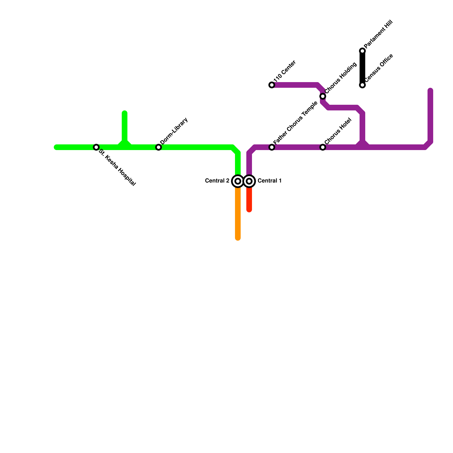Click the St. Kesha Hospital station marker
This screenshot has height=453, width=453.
click(96, 147)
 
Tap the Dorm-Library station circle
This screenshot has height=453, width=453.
click(159, 147)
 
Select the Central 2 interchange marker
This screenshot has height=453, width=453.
click(238, 181)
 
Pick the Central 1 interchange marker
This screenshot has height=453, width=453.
click(249, 181)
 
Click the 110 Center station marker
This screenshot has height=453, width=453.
click(272, 85)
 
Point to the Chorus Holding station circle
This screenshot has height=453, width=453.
click(323, 96)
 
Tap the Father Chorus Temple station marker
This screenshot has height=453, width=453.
click(272, 147)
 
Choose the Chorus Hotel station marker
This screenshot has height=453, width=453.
click(323, 147)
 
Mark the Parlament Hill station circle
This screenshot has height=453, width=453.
click(362, 51)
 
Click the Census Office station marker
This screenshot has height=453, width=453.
click(362, 85)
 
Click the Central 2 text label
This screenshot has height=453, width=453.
click(217, 181)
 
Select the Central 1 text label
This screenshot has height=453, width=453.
click(270, 181)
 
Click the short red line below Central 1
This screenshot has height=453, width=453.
click(249, 200)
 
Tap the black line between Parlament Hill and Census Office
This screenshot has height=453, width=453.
click(362, 68)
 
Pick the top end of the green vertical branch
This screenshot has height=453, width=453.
click(125, 113)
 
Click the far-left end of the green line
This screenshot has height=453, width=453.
click(56, 147)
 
